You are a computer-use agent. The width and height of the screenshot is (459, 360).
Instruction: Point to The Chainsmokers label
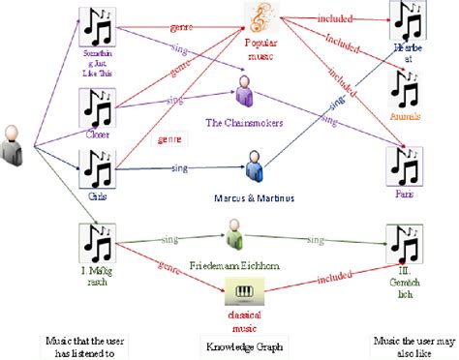pyautogui.click(x=244, y=122)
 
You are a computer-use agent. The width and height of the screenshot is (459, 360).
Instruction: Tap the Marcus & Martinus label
pyautogui.click(x=255, y=199)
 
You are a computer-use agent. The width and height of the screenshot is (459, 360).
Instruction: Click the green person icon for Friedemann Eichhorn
pyautogui.click(x=233, y=233)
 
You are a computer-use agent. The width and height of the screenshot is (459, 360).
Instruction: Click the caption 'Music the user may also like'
pyautogui.click(x=407, y=346)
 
